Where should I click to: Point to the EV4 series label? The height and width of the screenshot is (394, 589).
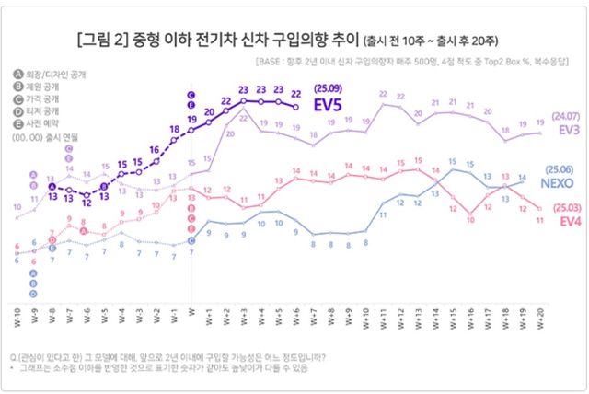pos(569,221)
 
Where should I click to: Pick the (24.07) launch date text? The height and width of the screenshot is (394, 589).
pos(566,117)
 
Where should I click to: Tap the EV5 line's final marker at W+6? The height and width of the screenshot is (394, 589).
pos(295,107)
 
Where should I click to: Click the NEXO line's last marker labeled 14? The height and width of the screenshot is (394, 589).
pos(522,180)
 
